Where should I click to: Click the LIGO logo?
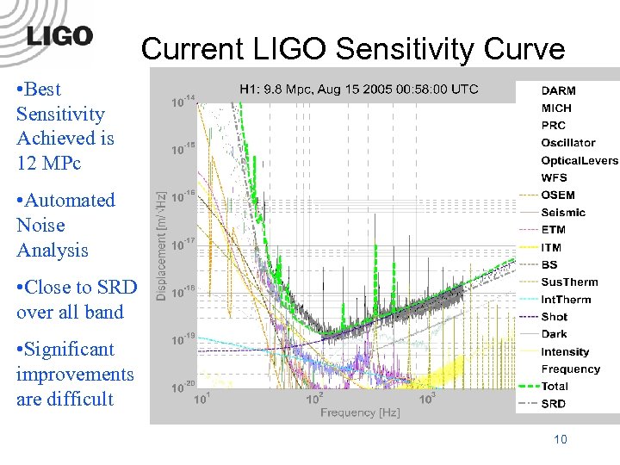(59, 36)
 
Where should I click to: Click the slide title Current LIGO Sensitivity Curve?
(352, 49)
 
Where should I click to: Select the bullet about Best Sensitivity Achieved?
(65, 126)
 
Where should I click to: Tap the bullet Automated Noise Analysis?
(65, 225)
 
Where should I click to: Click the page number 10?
(560, 440)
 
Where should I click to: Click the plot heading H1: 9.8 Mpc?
(358, 89)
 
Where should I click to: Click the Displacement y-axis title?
(161, 245)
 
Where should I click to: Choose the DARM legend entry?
(559, 90)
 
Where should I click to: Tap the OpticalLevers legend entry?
(579, 160)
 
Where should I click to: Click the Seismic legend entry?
(563, 213)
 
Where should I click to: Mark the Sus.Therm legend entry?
(569, 282)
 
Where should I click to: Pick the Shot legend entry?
(555, 317)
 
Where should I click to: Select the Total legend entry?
(555, 387)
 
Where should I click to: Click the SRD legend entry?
(554, 404)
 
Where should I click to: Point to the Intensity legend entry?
(565, 351)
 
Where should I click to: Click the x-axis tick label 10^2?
(314, 398)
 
